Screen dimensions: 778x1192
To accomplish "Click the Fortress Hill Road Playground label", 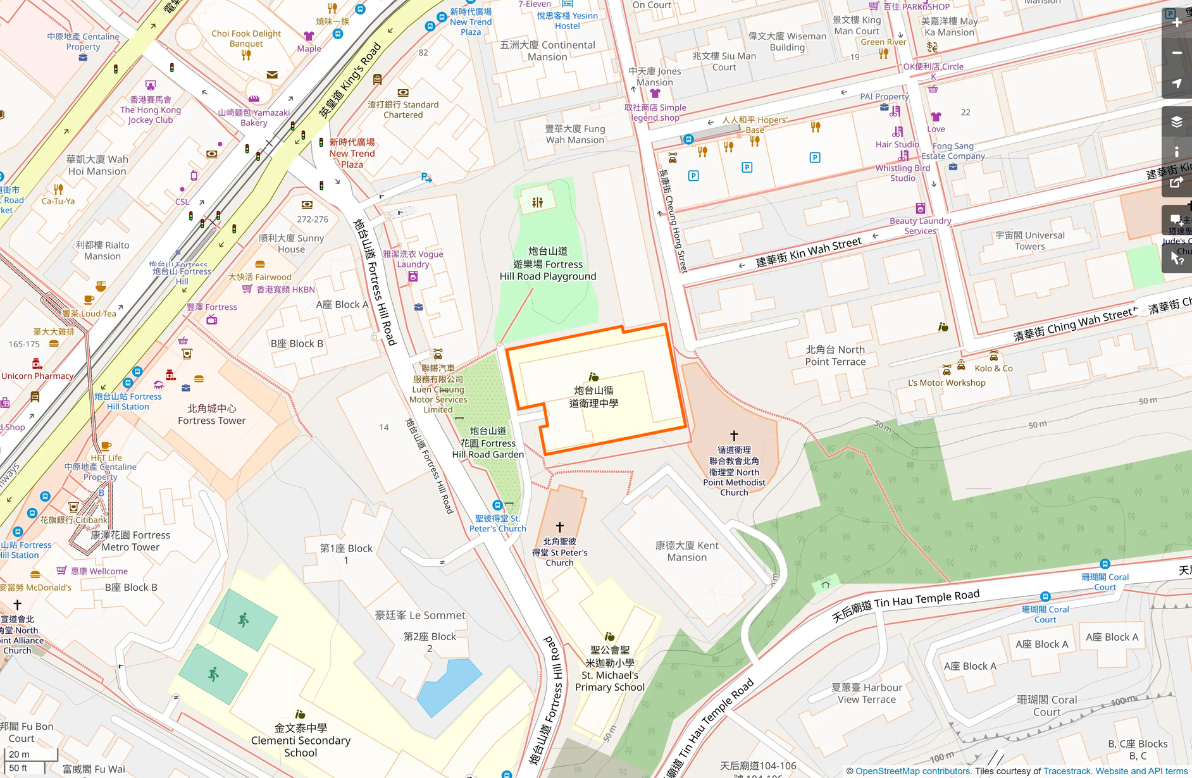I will pos(547,264).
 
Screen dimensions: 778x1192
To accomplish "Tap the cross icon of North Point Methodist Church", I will pos(734,436).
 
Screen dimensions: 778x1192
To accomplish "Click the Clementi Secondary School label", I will pos(301,740).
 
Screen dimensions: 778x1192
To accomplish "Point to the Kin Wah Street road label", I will pos(809,252).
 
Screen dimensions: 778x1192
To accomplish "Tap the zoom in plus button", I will pos(1177,23).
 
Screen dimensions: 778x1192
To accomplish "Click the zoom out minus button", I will pos(1177,53).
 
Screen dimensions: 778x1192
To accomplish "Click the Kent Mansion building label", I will pos(686,551).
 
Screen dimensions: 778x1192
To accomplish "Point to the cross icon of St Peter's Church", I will pos(560,527).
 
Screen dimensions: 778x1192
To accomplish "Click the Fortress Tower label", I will pos(211,414).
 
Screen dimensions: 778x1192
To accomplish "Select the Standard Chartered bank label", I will pos(403,109).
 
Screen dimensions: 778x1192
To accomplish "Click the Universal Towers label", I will pos(1030,240).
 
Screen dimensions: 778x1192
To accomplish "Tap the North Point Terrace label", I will pos(835,355).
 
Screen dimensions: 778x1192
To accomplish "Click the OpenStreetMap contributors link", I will pos(912,771).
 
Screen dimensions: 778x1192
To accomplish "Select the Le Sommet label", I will pos(420,615).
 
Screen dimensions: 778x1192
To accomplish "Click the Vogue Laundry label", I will pos(413,259).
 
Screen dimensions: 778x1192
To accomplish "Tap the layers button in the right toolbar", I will pos(1177,122).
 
